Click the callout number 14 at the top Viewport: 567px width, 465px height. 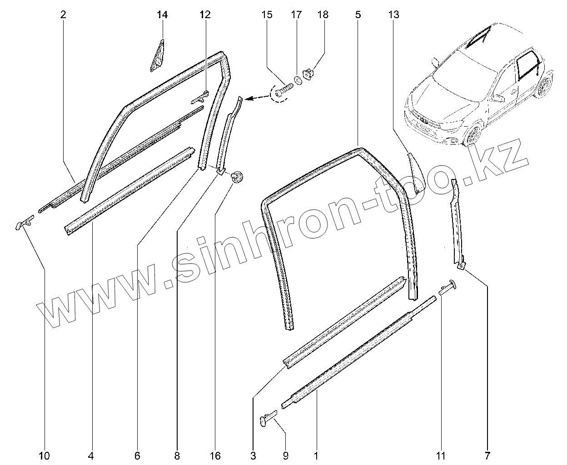pyautogui.click(x=162, y=15)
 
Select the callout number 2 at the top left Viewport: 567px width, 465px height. pyautogui.click(x=63, y=15)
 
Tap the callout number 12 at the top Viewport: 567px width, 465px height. pyautogui.click(x=205, y=15)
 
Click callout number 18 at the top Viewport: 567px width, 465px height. pyautogui.click(x=323, y=15)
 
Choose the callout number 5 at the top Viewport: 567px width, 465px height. pyautogui.click(x=358, y=15)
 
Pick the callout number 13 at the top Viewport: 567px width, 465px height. pyautogui.click(x=393, y=15)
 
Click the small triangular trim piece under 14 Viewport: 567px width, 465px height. pyautogui.click(x=157, y=57)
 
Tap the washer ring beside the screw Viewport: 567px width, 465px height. pyautogui.click(x=298, y=80)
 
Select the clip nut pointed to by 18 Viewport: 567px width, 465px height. pyautogui.click(x=309, y=74)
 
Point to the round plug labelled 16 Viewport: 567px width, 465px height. pyautogui.click(x=236, y=177)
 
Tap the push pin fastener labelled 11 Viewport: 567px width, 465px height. pyautogui.click(x=448, y=287)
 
